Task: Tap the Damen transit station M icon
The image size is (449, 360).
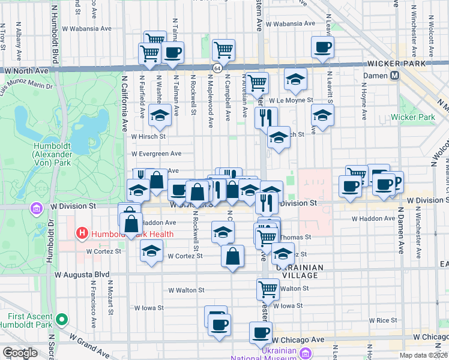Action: coord(395,76)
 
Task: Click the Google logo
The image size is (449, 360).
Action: coord(20,353)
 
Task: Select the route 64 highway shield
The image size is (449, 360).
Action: coord(217,69)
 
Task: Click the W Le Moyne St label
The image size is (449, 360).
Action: coord(291,100)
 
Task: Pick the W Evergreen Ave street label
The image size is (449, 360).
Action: coord(156,154)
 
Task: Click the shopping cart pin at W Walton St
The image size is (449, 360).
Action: coord(268,289)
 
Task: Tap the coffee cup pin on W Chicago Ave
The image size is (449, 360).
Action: coord(261,332)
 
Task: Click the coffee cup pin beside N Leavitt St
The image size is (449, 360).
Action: coord(322,47)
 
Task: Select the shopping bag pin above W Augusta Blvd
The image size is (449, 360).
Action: coord(233,256)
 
